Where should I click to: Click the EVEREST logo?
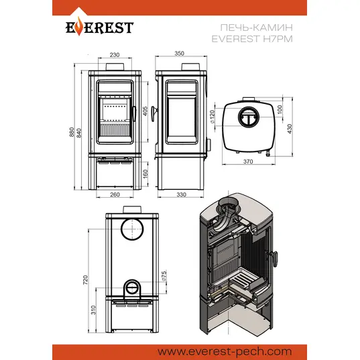99,27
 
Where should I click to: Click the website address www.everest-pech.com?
225,351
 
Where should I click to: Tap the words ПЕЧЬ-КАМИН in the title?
257,27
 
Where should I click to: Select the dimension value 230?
115,55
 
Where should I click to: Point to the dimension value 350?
179,54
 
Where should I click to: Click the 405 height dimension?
145,111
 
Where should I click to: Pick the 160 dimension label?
145,174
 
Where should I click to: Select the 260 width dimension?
115,194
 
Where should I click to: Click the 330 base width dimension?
182,194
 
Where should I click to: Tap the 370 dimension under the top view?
248,162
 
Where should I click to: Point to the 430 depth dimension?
290,129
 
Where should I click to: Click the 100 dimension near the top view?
280,109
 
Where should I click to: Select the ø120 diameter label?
213,117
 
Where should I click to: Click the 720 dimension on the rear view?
85,280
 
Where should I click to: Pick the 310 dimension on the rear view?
93,310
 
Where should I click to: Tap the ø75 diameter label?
164,276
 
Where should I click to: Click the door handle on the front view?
133,113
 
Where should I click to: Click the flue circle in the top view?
249,117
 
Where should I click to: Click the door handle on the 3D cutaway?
274,258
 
